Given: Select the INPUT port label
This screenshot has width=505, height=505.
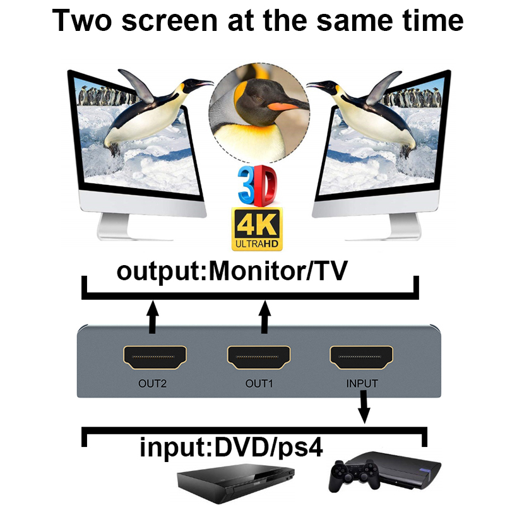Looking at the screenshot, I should [362, 383].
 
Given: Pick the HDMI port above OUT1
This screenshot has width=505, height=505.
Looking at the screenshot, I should [259, 359].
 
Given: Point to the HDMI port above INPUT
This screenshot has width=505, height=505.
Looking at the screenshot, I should [361, 359].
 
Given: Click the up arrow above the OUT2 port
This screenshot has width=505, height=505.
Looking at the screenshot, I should [151, 317].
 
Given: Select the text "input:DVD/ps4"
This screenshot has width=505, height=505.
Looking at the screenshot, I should [232, 448].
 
